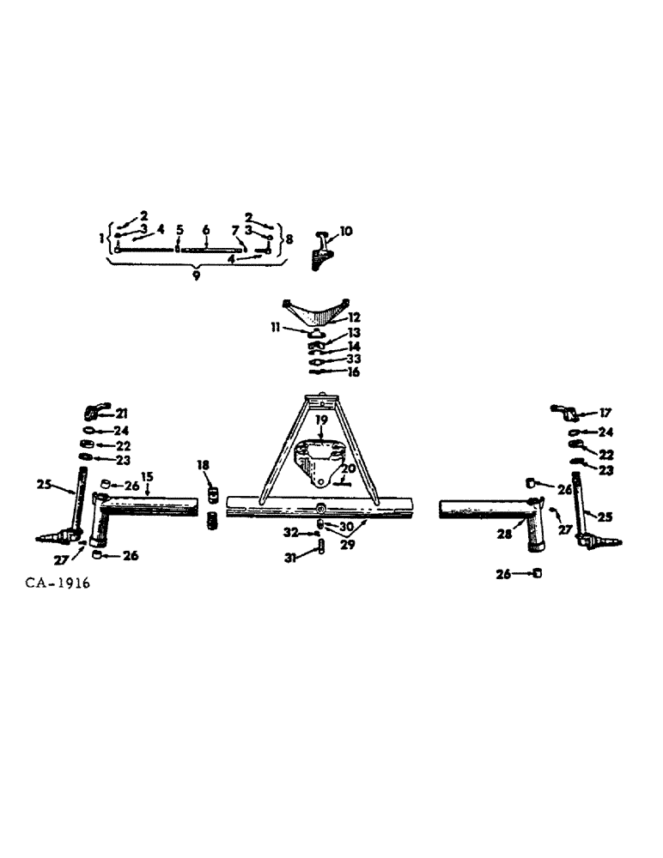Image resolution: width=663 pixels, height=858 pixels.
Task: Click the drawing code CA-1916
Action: [58, 583]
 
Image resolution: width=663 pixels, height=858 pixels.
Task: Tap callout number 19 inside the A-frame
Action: [320, 421]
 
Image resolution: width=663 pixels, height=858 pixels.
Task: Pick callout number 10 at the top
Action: [345, 232]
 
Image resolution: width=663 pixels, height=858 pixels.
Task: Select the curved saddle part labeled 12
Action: [317, 310]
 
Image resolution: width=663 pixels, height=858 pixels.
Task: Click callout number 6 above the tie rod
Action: [206, 230]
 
